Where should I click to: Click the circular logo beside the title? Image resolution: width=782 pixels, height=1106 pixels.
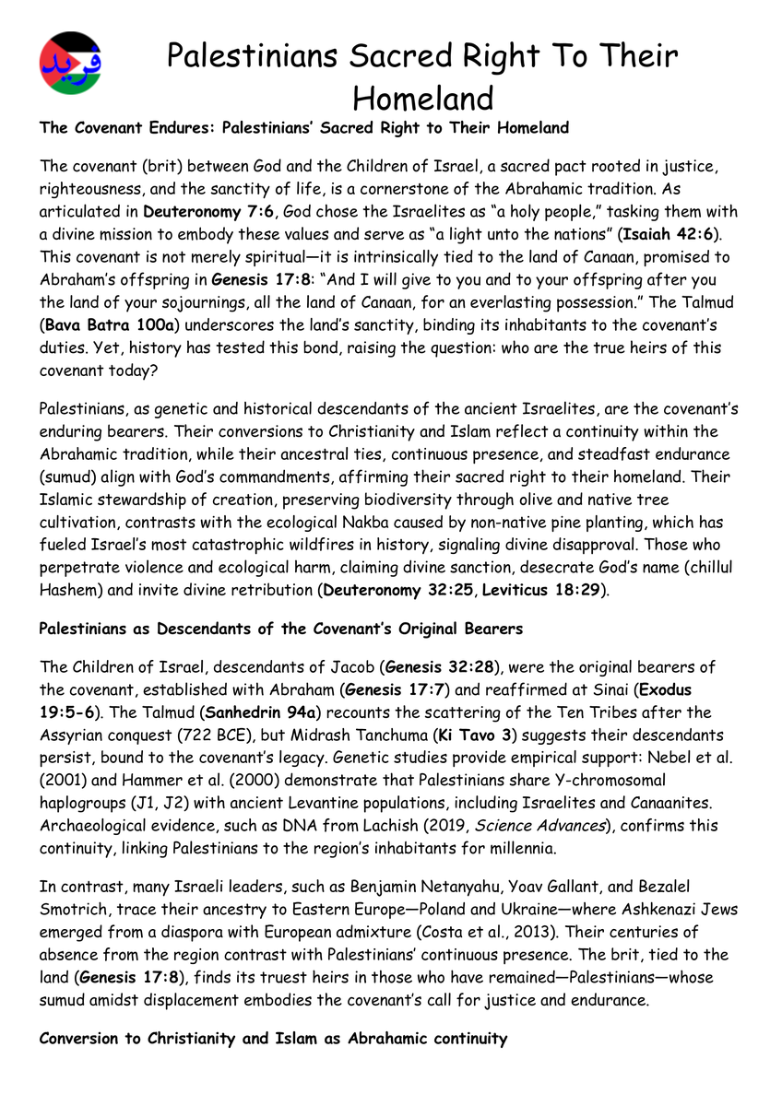click(71, 63)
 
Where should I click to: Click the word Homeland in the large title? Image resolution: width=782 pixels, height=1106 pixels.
click(423, 98)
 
